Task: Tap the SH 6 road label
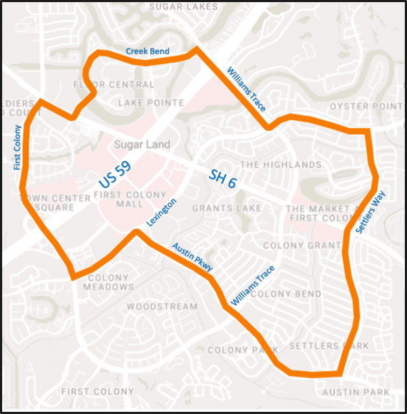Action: [223, 179]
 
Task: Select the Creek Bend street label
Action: [147, 51]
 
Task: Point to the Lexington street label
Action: [161, 212]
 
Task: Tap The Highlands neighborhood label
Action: [281, 165]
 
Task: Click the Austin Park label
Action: [356, 392]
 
